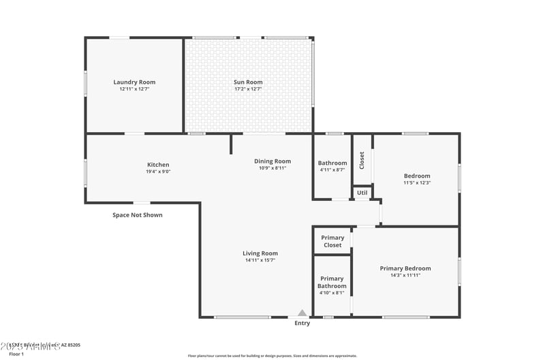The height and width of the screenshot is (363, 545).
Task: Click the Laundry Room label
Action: pos(134,82)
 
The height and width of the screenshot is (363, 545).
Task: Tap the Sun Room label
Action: pos(248,82)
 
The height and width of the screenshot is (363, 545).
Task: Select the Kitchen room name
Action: pos(158,165)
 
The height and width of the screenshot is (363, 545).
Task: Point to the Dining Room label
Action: pos(272,161)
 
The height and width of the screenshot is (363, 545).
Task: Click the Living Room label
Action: pos(260,253)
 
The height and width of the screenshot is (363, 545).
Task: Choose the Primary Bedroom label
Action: pos(405,268)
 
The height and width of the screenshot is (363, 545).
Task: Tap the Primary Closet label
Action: pos(332,241)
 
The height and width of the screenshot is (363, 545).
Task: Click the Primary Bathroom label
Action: pos(332,282)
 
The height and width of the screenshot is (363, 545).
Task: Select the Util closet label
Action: pos(362,193)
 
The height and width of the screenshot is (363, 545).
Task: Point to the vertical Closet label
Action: pos(362,160)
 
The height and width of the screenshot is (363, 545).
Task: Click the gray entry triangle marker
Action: pos(302,313)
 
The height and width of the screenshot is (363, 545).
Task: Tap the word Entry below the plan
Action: pos(302,323)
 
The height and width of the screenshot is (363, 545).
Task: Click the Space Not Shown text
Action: pos(138,215)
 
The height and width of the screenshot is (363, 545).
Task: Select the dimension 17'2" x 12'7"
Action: pos(248,89)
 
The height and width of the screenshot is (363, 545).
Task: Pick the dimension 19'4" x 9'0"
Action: pos(158,172)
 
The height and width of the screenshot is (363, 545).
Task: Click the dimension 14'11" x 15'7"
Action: pos(260,260)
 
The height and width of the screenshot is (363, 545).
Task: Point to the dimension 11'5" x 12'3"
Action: pos(417,183)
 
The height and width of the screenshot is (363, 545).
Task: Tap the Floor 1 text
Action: pos(16,354)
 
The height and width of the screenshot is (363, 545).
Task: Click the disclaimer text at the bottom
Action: pos(272,356)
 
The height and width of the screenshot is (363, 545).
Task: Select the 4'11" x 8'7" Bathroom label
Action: pos(332,163)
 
